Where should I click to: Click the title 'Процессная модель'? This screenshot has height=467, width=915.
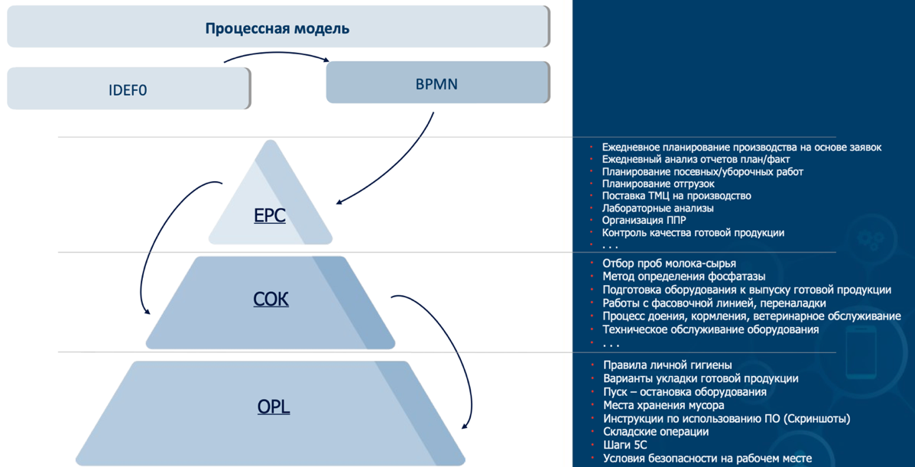pos(277,29)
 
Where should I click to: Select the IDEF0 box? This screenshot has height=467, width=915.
pos(128,89)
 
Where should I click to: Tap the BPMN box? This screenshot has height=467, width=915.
pos(436,83)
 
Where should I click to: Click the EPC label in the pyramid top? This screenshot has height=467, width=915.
pos(269,216)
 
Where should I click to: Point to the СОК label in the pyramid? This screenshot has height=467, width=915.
pos(271,298)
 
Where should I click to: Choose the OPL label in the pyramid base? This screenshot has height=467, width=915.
pos(273,407)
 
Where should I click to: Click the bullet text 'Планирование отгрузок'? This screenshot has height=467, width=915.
pos(657,183)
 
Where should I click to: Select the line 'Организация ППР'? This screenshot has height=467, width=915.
pos(644,220)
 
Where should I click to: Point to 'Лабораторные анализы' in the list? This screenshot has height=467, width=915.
pos(657,208)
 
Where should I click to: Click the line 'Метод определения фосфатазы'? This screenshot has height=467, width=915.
pos(683,276)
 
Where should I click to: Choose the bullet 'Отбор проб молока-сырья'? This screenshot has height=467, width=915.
pos(669,264)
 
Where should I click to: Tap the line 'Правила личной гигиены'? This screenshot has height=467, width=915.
pos(667,365)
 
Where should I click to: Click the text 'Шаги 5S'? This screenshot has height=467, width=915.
pos(625,445)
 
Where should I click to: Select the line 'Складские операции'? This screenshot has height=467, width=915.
pos(656,432)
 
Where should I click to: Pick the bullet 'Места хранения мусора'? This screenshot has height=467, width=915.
pos(664,405)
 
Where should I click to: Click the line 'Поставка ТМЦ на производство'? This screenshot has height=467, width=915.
pos(676,196)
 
